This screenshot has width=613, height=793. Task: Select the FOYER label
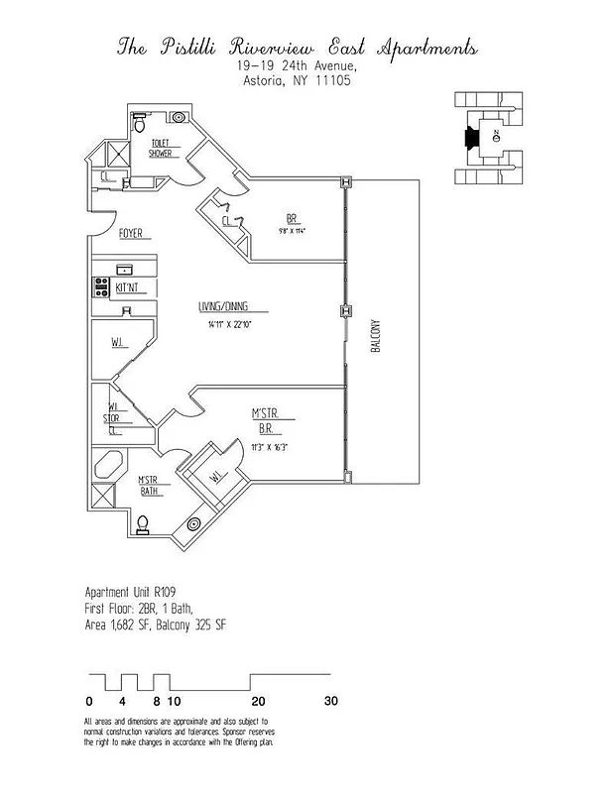131,234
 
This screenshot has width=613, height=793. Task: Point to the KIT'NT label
129,287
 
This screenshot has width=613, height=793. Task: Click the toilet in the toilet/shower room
140,126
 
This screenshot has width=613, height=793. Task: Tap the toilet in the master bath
142,523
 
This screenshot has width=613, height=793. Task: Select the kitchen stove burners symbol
100,287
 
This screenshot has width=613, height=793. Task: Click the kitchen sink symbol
125,270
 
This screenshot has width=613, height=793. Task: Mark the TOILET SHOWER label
160,149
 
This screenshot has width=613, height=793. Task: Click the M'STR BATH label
148,486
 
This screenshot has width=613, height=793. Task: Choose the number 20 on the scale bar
257,701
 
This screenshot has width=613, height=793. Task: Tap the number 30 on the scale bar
331,701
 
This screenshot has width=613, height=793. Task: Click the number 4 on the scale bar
122,701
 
